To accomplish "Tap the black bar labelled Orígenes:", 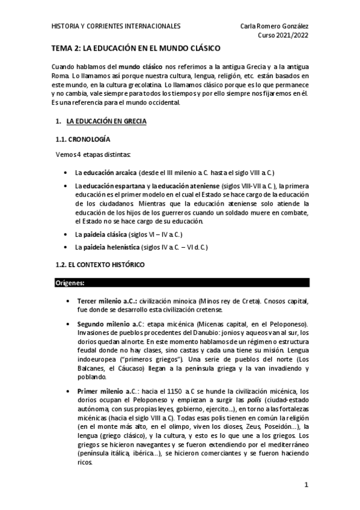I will [180, 282].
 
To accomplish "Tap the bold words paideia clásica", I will [100, 233].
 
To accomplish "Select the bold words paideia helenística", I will [105, 247].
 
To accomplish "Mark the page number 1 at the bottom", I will [306, 485].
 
